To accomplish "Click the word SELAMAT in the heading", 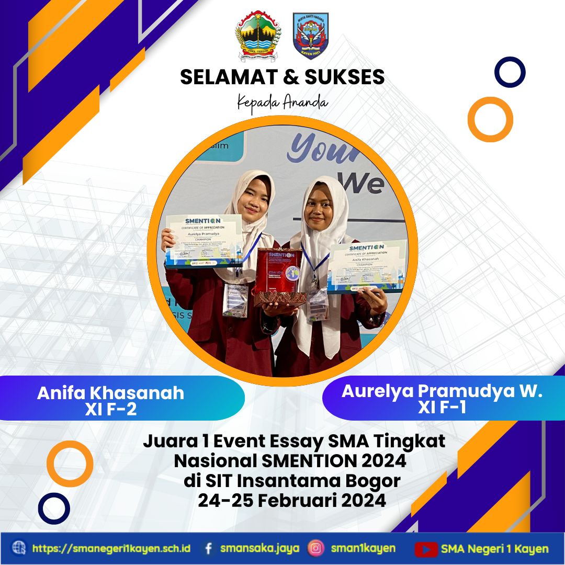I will (x=223, y=77).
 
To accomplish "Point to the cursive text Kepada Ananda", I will (x=282, y=101).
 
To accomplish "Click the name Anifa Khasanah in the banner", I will (x=110, y=393).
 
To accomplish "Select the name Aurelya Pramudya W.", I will (x=442, y=391).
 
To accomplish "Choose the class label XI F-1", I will (x=442, y=408).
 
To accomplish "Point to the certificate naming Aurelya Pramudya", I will (x=204, y=240).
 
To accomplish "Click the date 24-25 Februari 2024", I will (x=292, y=501).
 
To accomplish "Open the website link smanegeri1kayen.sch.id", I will (x=111, y=549).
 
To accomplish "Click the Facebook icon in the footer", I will (x=209, y=549).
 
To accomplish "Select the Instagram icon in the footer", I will (x=315, y=549).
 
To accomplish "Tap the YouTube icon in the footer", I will (x=426, y=549).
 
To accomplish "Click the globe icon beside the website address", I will (x=19, y=548).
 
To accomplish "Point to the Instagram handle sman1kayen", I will (x=363, y=549).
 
